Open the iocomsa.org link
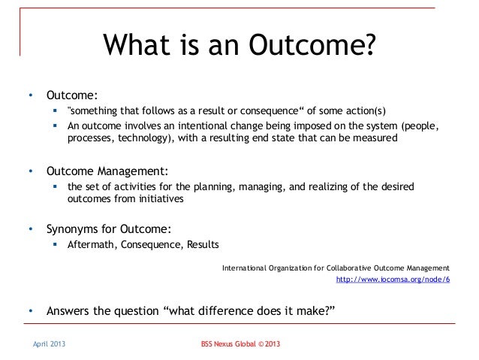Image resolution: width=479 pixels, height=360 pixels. coord(393,280)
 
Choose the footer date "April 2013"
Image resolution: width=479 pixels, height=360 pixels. coord(47,344)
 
